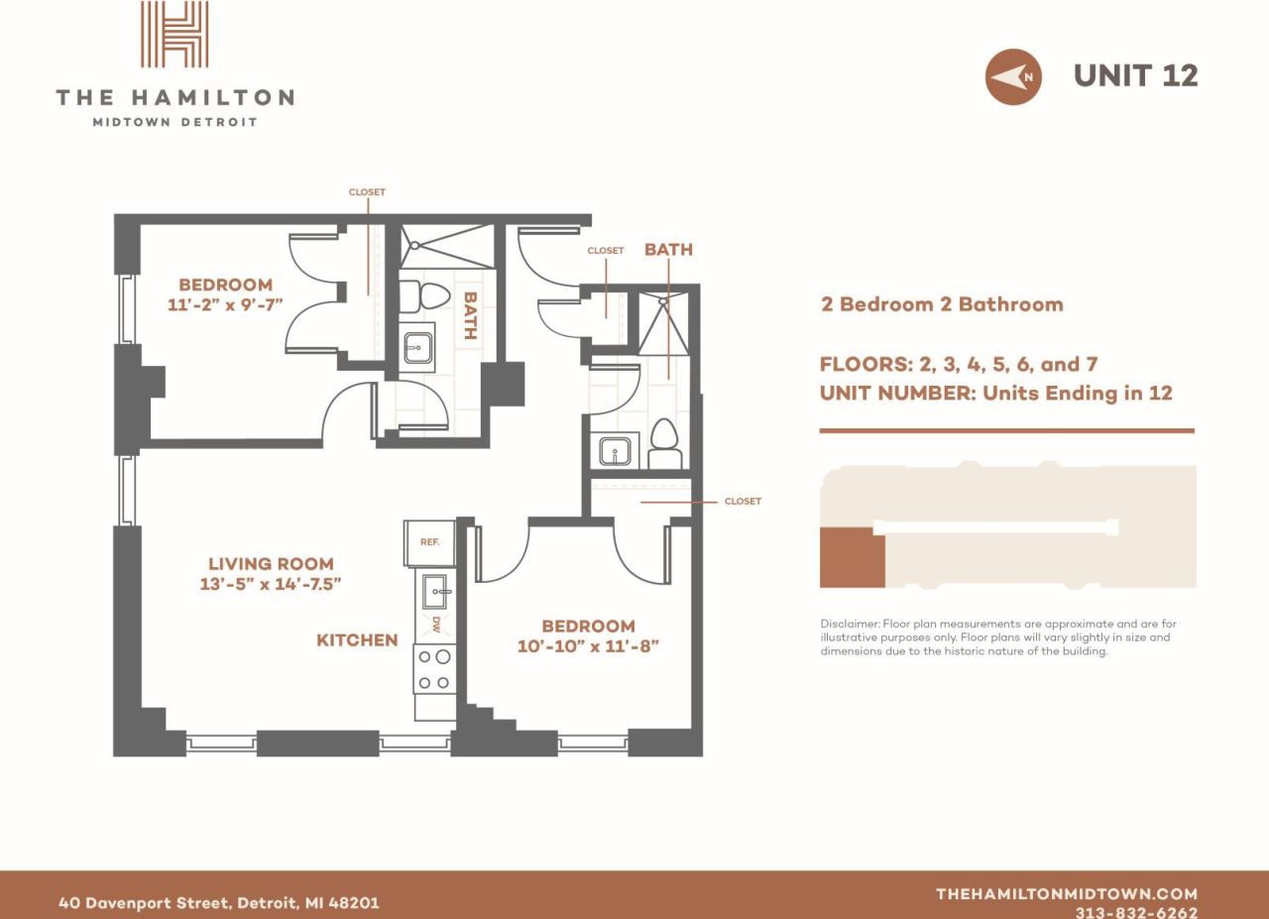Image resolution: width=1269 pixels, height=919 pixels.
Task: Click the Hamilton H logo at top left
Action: click(174, 36)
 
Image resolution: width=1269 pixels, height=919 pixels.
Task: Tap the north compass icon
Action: click(1012, 76)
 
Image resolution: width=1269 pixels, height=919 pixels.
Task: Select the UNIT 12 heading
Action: click(1135, 75)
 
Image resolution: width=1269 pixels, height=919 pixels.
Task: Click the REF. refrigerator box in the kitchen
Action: click(429, 542)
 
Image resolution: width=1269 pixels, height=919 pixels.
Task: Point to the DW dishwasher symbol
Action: click(435, 624)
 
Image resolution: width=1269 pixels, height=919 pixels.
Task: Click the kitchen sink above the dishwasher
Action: click(434, 592)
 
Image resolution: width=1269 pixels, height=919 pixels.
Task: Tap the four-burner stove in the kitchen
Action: click(435, 669)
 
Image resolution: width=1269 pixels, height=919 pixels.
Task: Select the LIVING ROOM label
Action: click(271, 563)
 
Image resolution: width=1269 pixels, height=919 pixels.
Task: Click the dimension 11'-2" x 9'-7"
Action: click(225, 304)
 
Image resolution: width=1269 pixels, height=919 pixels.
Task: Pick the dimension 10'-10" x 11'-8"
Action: click(588, 646)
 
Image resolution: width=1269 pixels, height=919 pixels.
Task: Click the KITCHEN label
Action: click(357, 640)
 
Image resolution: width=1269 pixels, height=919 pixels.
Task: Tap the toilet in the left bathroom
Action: click(432, 296)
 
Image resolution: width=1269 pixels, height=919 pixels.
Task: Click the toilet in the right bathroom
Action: click(664, 442)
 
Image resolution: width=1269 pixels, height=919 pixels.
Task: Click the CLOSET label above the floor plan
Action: click(367, 192)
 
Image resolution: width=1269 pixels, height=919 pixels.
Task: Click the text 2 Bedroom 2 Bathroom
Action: click(941, 304)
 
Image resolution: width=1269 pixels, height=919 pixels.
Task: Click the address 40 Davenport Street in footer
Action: click(218, 903)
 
